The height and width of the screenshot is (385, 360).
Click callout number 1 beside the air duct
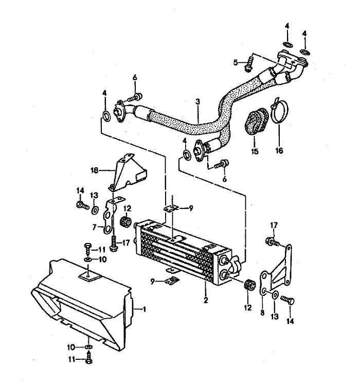pyautogui.click(x=146, y=309)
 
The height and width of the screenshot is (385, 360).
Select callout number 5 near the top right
pyautogui.click(x=236, y=62)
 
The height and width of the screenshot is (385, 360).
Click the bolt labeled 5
pyautogui.click(x=249, y=63)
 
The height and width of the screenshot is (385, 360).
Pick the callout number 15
pyautogui.click(x=253, y=152)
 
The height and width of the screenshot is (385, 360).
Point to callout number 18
pyautogui.click(x=94, y=169)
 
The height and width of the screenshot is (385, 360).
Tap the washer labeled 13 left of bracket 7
pyautogui.click(x=95, y=210)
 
